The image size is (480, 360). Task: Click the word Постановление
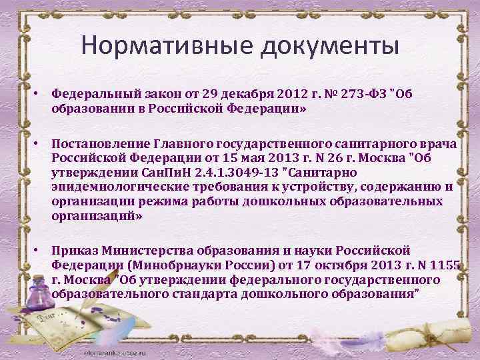101,145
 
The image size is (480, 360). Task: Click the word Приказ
73,250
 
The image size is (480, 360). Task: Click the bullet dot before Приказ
41,250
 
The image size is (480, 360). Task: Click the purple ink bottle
43,293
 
